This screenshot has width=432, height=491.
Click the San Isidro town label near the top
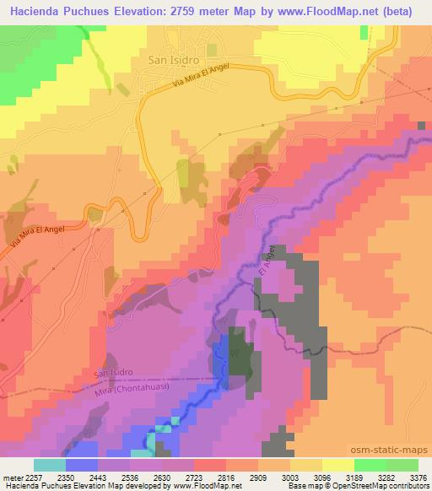pyautogui.click(x=172, y=60)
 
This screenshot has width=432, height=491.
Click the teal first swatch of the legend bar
pyautogui.click(x=50, y=465)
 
